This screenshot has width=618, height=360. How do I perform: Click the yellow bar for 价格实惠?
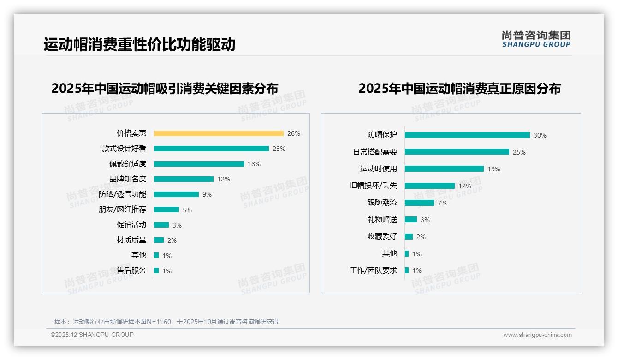[x=218, y=133]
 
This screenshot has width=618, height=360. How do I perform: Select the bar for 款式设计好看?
[x=211, y=149]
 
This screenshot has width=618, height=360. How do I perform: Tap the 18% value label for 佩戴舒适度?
[x=254, y=164]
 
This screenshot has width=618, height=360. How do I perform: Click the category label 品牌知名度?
[x=128, y=179]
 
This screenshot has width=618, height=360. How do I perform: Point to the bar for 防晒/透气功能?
[x=176, y=194]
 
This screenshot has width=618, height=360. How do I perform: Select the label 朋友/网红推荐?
[x=122, y=210]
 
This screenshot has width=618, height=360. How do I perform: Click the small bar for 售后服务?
[x=156, y=270]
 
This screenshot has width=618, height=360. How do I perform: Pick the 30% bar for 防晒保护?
[x=467, y=135]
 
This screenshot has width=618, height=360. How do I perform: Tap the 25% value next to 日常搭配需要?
[x=519, y=152]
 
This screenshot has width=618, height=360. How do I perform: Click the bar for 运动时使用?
[x=444, y=169]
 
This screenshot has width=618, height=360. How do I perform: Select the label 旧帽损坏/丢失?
[x=373, y=186]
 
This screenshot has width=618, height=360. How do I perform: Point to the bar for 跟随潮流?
[x=419, y=203]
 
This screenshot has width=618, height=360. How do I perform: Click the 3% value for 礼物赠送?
[x=425, y=220]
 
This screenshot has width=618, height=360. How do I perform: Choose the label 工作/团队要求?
[x=373, y=270]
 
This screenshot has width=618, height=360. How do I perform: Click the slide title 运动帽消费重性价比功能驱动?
[x=139, y=44]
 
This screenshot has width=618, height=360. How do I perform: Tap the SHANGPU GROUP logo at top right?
[x=536, y=39]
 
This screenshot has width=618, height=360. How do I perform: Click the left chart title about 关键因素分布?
[x=165, y=88]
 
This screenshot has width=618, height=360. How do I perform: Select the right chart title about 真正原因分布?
[x=459, y=88]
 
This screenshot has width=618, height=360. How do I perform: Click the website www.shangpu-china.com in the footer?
[x=537, y=335]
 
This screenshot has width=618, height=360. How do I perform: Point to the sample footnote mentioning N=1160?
[x=166, y=322]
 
